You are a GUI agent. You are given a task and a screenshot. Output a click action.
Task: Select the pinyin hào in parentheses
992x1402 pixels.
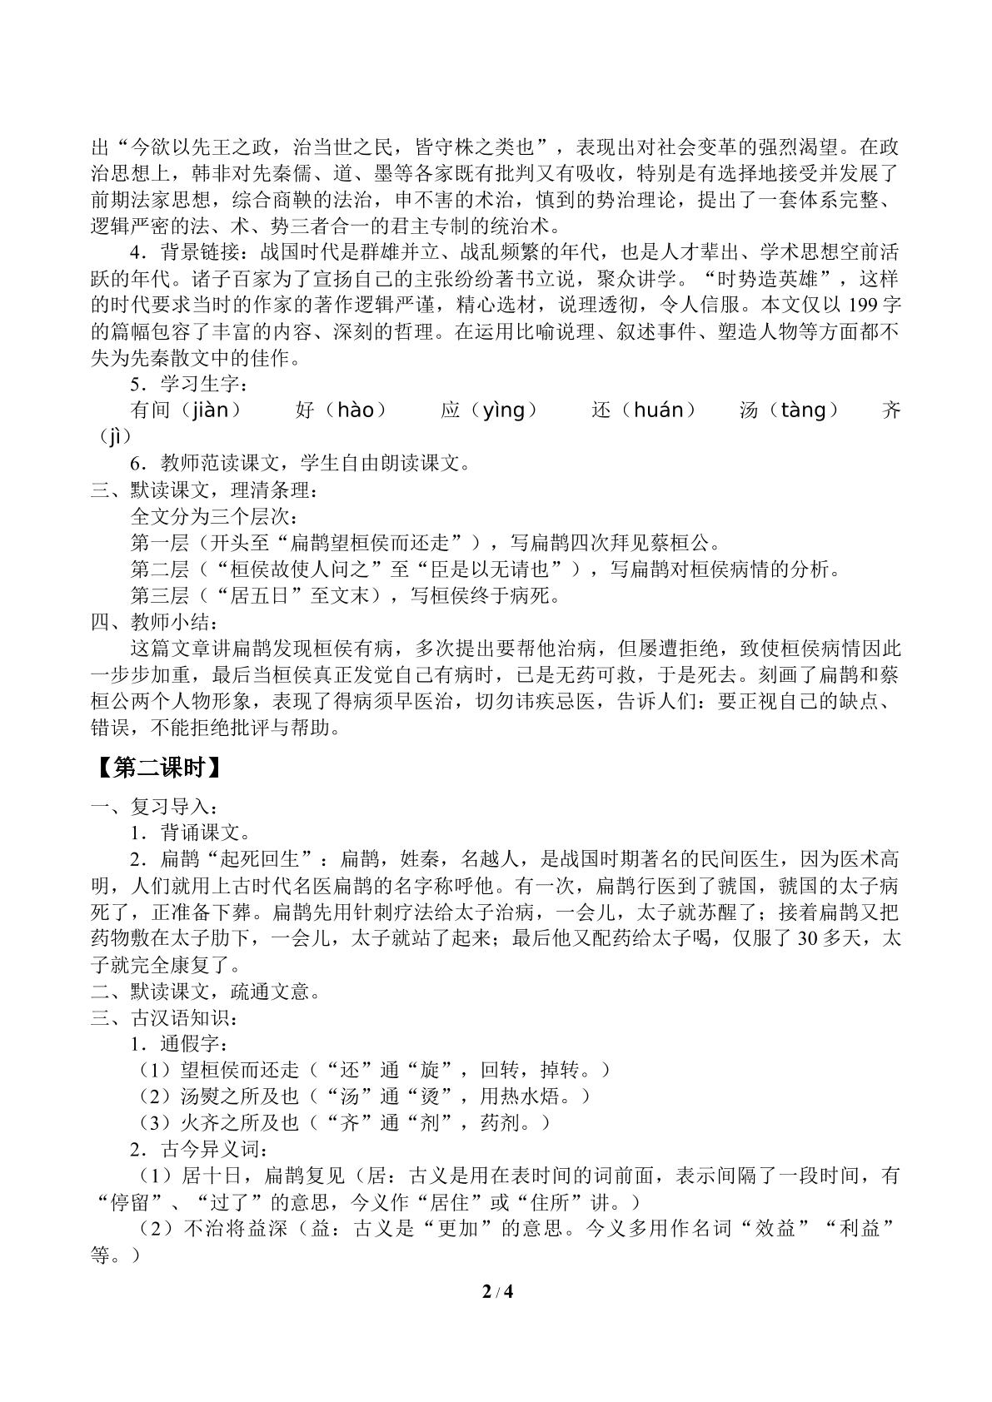point(360,410)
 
